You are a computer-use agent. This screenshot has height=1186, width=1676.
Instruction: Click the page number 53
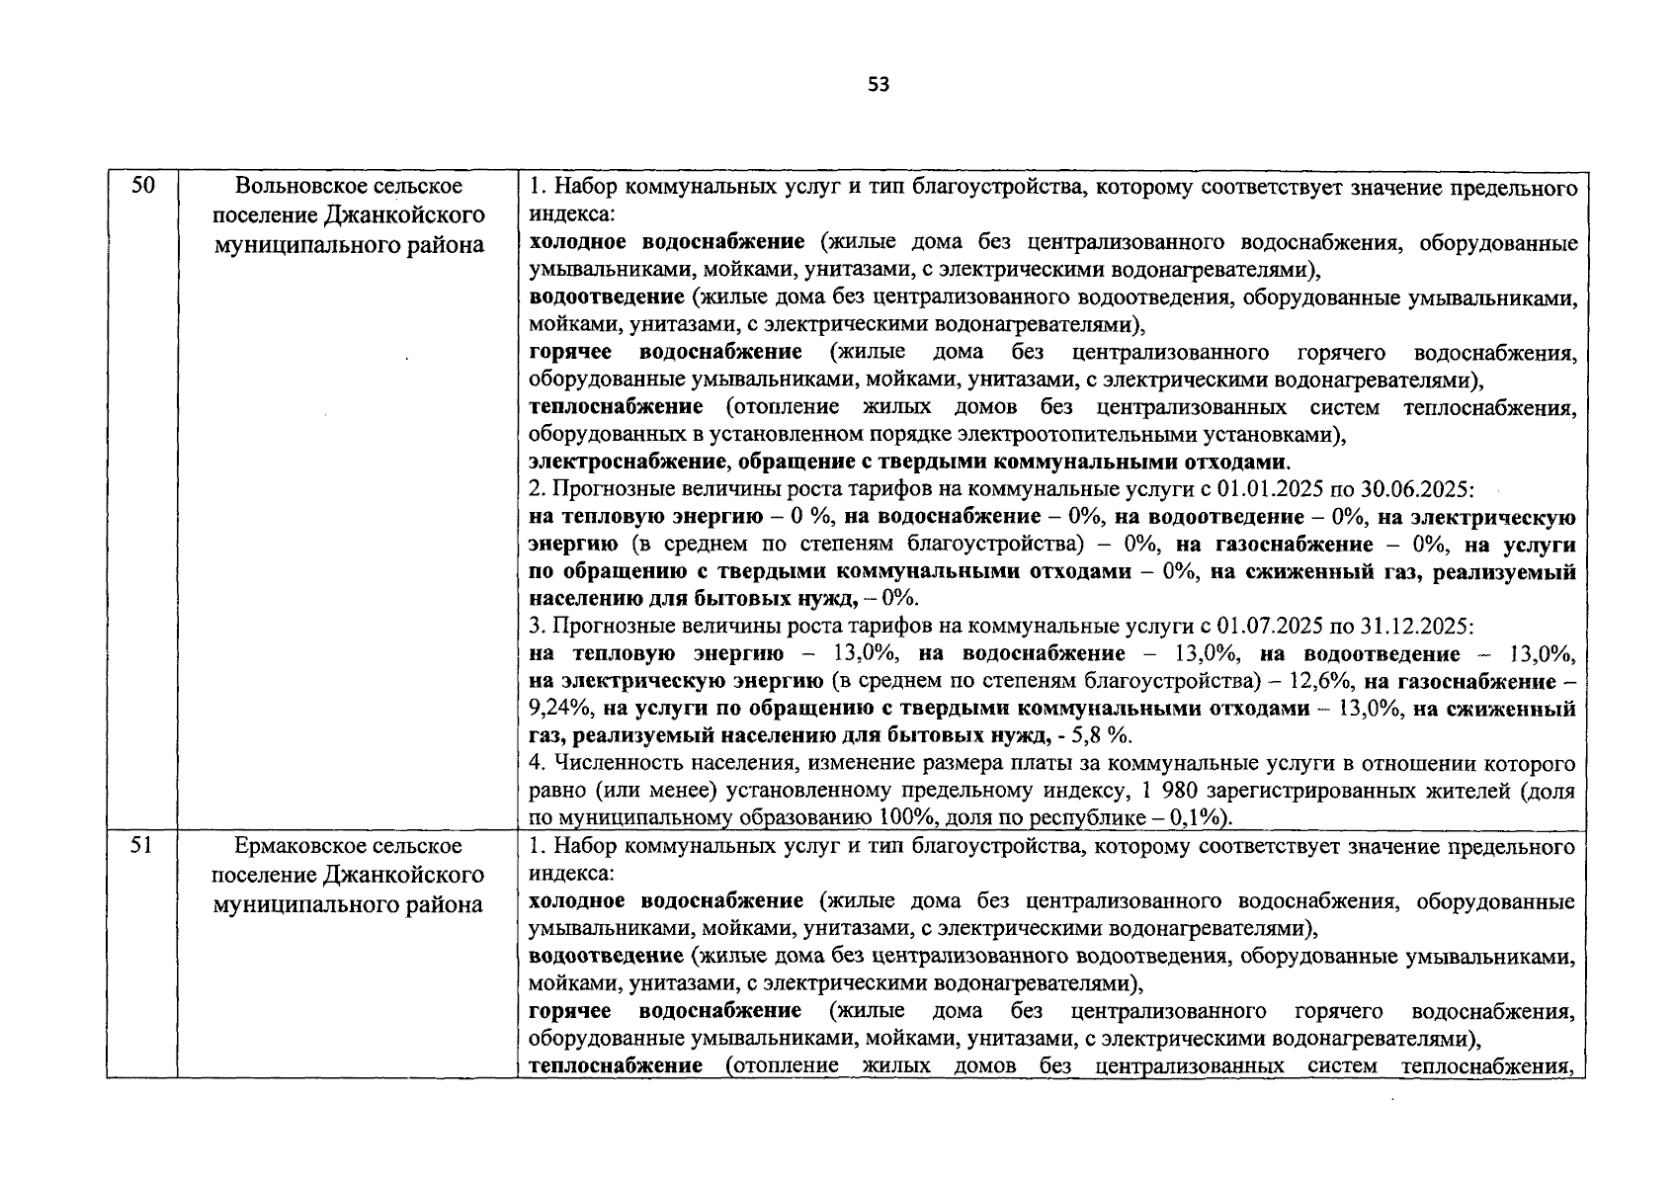[879, 85]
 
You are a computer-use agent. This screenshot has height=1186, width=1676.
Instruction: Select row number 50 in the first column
[143, 185]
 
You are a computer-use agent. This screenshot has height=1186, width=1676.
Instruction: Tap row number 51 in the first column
[143, 846]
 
